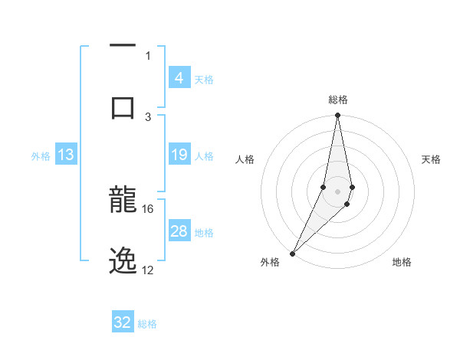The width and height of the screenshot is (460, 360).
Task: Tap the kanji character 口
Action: coord(123,107)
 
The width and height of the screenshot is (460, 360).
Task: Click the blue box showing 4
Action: coord(179,78)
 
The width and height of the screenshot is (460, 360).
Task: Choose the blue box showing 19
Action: coord(179,155)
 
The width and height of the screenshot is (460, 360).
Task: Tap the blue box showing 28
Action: coord(179,231)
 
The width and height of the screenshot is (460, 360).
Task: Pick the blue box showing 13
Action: coord(66,155)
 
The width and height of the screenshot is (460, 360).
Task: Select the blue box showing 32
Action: coord(123,322)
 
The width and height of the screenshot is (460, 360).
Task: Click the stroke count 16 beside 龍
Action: coord(148,208)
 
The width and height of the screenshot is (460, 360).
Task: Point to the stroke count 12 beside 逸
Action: coord(148,270)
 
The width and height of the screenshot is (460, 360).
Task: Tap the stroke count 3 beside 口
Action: coord(149,116)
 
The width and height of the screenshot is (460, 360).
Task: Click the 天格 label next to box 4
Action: coord(204,79)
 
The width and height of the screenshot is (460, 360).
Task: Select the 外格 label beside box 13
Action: coord(41,156)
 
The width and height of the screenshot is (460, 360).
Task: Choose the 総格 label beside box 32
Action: coord(147,323)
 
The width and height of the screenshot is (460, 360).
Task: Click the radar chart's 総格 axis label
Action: coord(337,100)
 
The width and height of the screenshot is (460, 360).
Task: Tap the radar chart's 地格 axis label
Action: coord(402,262)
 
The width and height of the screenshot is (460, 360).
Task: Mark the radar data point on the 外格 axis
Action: coord(292,253)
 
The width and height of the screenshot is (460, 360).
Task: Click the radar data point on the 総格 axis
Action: coord(337,116)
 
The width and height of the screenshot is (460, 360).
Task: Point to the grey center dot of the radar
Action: coord(337,191)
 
